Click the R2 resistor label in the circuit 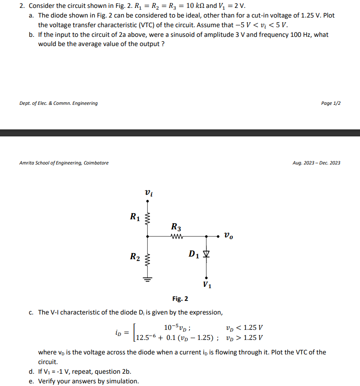coord(135,257)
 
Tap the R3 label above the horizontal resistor coord(176,227)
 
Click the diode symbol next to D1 coord(206,254)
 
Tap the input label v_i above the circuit coord(148,192)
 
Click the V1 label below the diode coord(207,286)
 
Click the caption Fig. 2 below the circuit coord(180,299)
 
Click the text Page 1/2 coord(331,103)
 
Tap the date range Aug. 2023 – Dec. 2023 coord(316,163)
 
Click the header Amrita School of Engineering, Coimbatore coord(64,163)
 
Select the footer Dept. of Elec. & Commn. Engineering coord(59,103)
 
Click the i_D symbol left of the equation coord(118,333)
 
